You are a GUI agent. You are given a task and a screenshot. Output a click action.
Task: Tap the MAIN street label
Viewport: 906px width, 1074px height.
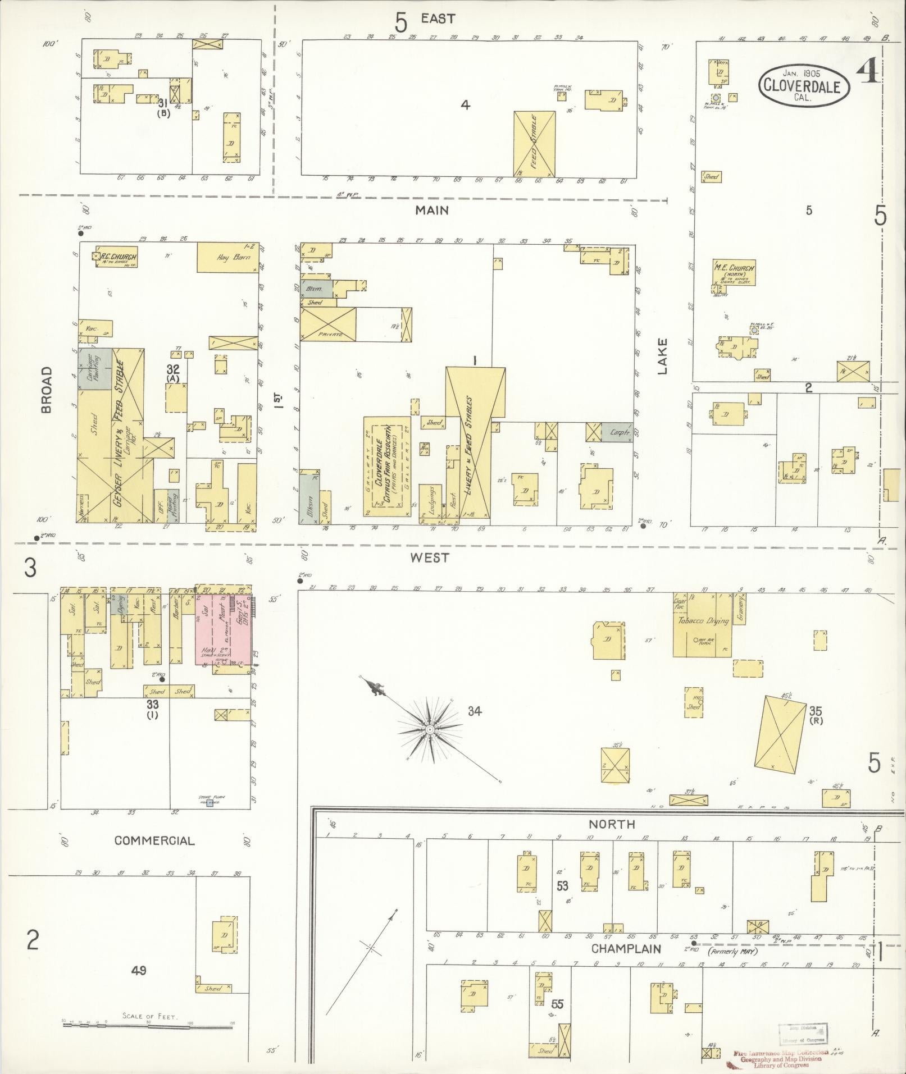pyautogui.click(x=432, y=210)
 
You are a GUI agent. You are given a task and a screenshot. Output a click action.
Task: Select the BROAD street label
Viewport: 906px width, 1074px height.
pyautogui.click(x=45, y=389)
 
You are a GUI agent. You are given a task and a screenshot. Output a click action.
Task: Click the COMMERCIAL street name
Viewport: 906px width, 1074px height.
pyautogui.click(x=154, y=840)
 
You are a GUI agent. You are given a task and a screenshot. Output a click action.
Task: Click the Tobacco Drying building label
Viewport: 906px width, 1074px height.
pyautogui.click(x=703, y=620)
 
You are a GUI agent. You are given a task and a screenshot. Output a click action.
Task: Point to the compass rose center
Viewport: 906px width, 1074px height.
pyautogui.click(x=429, y=729)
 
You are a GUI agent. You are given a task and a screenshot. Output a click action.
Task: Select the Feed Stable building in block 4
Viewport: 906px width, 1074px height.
pyautogui.click(x=534, y=142)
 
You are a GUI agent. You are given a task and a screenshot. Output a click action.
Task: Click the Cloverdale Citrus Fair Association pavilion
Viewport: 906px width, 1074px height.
pyautogui.click(x=386, y=466)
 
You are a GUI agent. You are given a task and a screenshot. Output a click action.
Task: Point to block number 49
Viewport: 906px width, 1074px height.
pyautogui.click(x=138, y=970)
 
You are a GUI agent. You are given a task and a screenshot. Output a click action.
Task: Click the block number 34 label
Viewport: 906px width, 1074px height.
pyautogui.click(x=475, y=711)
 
